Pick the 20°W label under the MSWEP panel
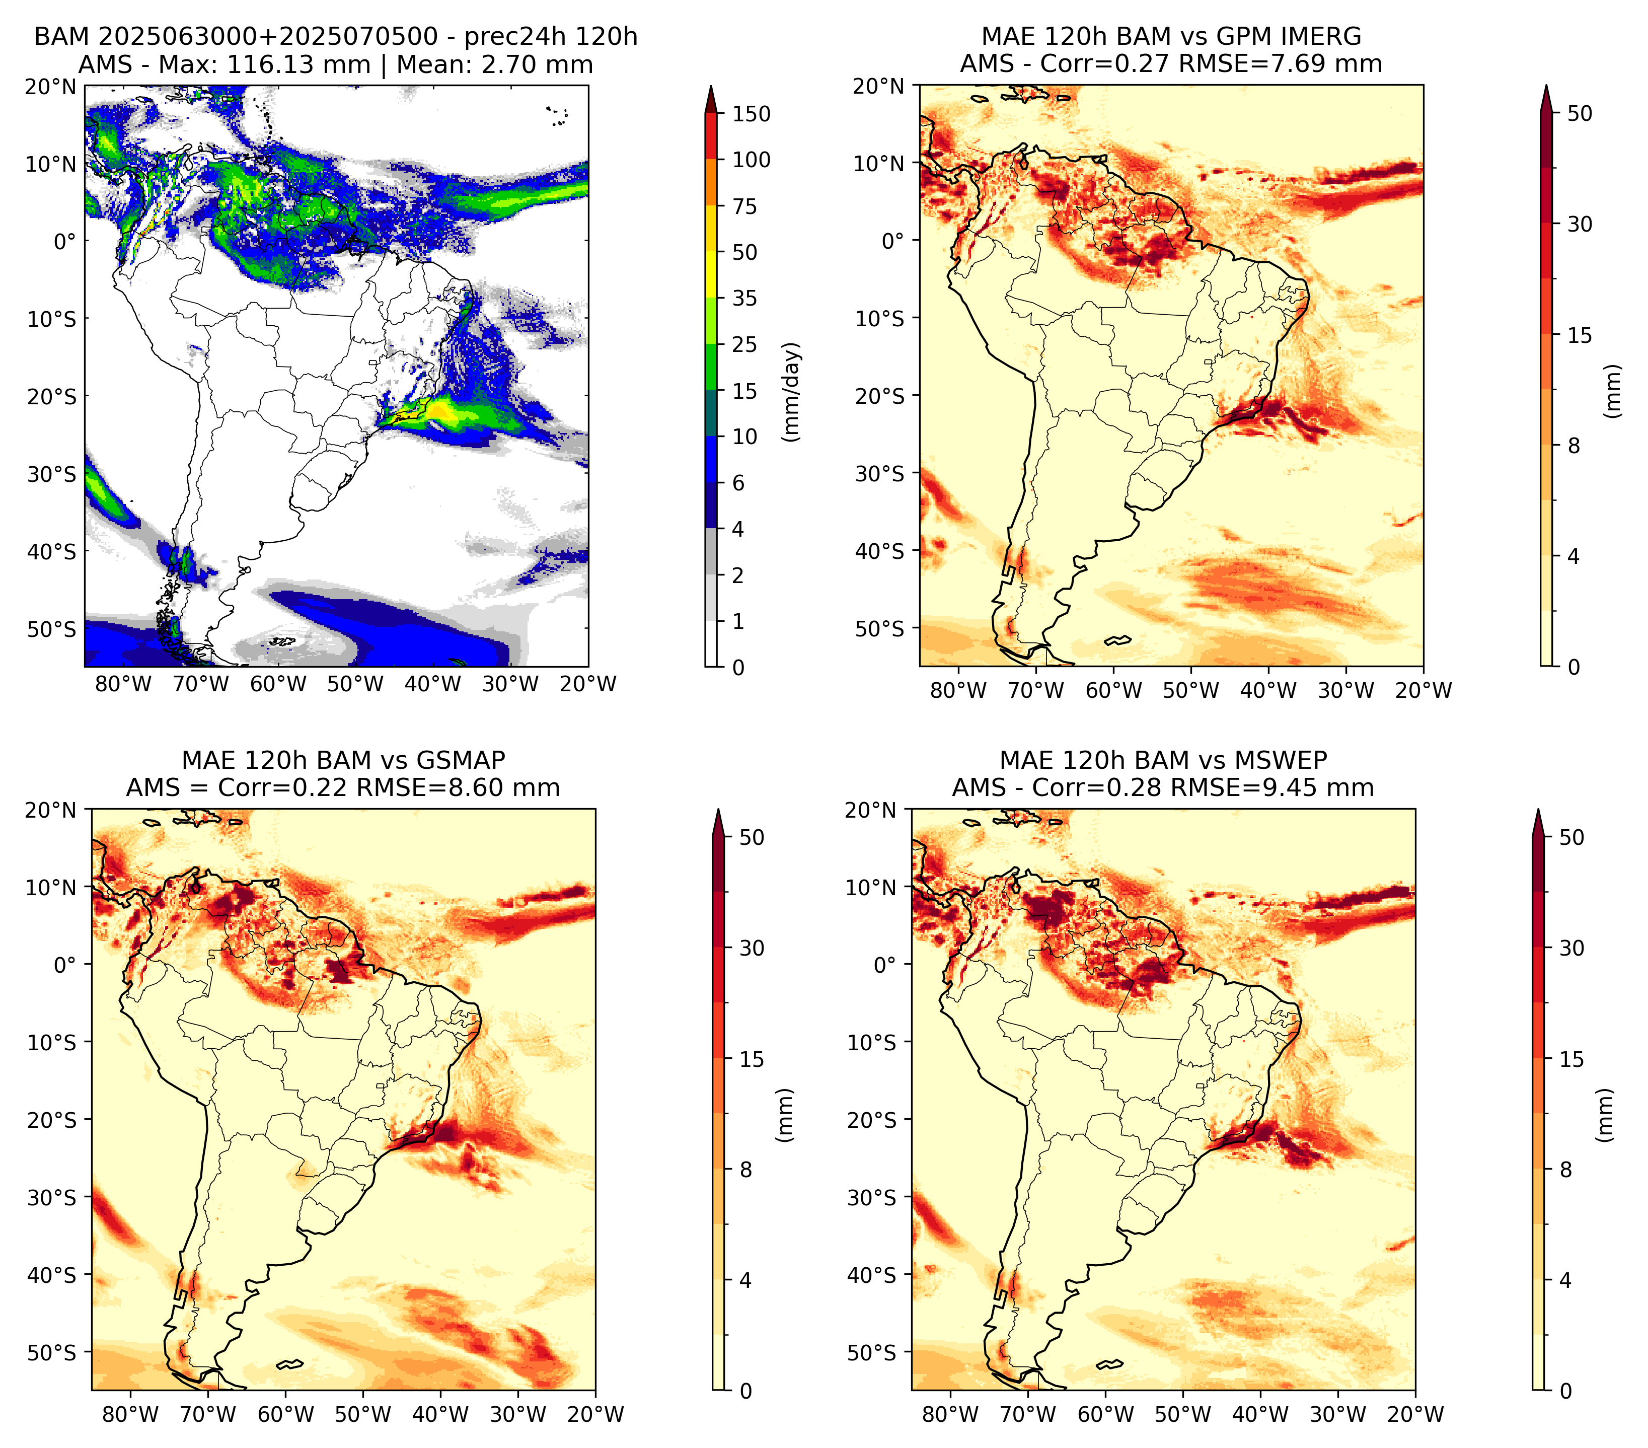coord(1415,1414)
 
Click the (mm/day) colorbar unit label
coord(792,392)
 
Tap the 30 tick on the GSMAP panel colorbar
coord(752,948)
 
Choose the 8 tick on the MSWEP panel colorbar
coord(1565,1170)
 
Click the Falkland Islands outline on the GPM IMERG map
coord(1117,640)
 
